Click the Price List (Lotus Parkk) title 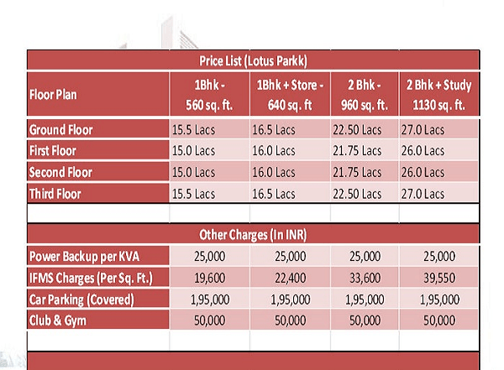pos(252,61)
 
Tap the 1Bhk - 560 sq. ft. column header pos(207,94)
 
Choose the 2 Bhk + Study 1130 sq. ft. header pos(439,94)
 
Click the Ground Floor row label pos(61,130)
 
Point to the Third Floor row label pos(56,194)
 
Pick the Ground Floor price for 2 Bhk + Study pos(423,130)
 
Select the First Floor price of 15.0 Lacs pos(193,151)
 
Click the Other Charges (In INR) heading pos(252,234)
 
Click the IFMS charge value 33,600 pos(363,278)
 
